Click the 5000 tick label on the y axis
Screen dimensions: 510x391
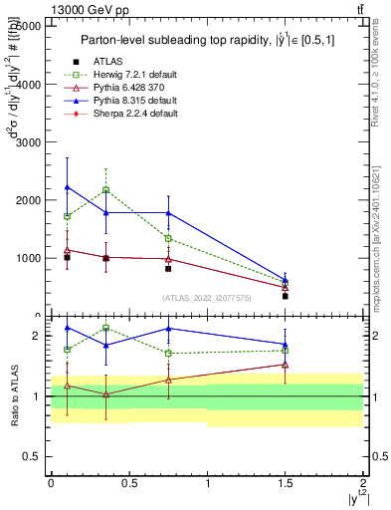(x=28, y=27)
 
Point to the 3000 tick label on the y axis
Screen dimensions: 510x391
(x=28, y=142)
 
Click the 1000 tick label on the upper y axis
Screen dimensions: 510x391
(x=28, y=258)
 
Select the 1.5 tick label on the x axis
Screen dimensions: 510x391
(x=285, y=482)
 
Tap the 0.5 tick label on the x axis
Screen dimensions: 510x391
(x=128, y=482)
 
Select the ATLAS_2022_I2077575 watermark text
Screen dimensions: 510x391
(x=207, y=298)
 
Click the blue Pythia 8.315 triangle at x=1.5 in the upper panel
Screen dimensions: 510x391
(x=286, y=281)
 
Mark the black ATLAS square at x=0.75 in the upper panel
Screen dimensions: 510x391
(x=168, y=269)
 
